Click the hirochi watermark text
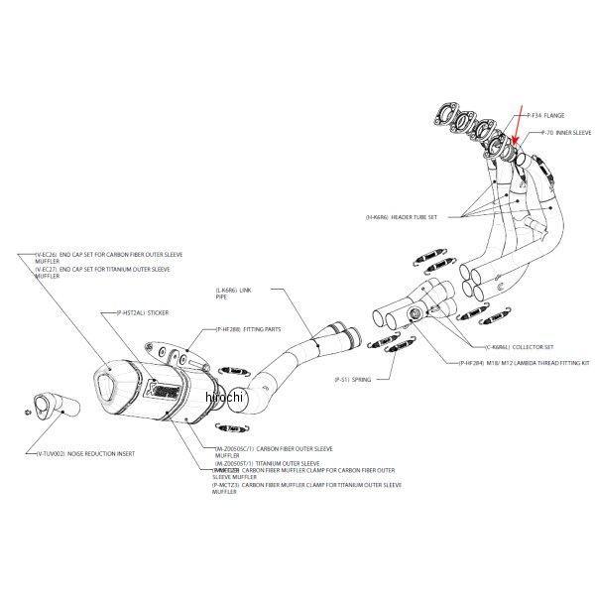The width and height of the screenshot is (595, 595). coord(224,397)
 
